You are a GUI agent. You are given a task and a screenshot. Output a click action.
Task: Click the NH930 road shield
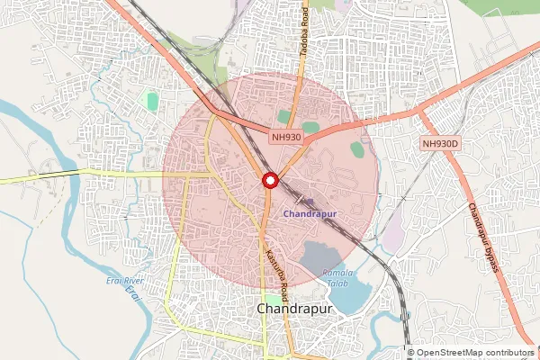point(284,137)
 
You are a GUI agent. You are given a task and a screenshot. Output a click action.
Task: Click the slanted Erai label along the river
point(135,292)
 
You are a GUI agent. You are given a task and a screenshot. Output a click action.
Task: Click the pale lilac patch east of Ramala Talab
point(393,236)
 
